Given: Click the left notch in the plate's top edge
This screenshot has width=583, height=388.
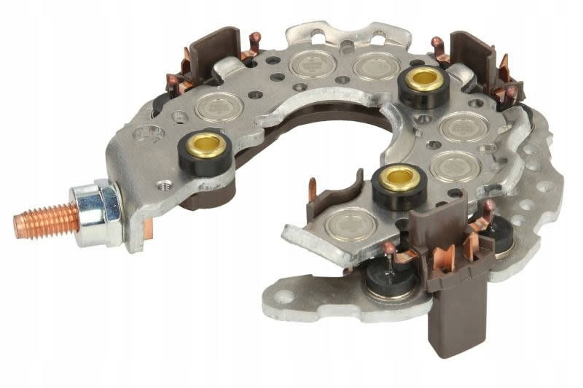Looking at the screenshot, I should tap(310, 34).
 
